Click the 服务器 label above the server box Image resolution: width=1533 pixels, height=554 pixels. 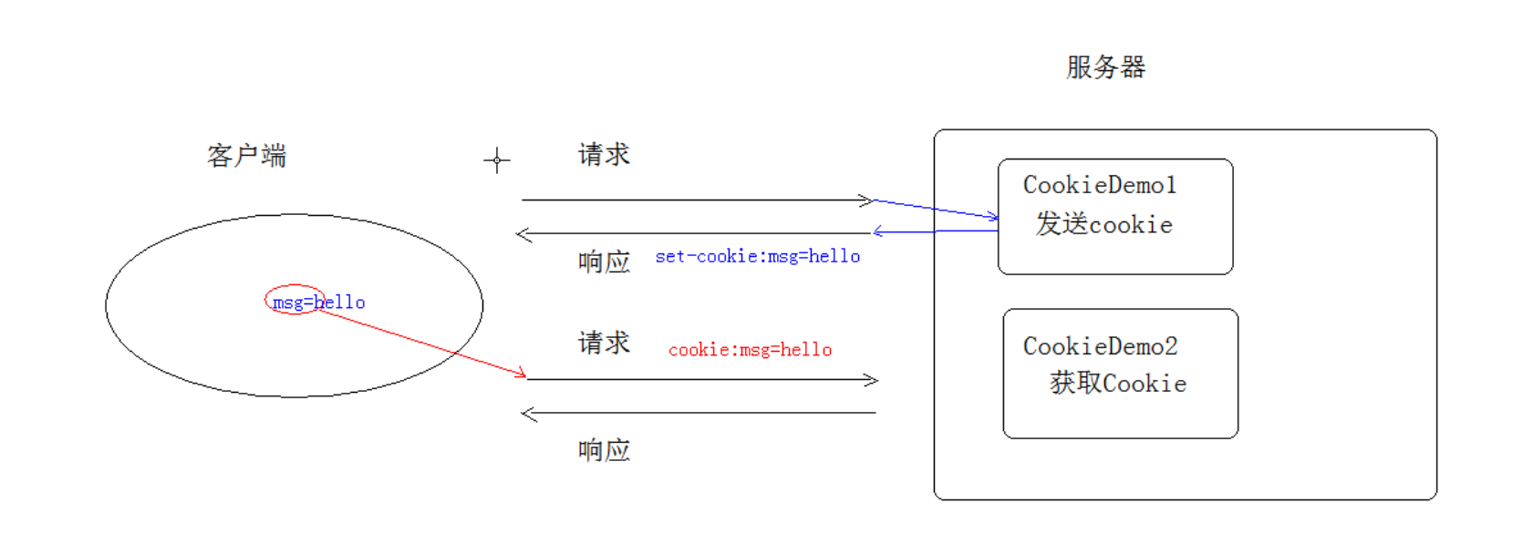pyautogui.click(x=1105, y=67)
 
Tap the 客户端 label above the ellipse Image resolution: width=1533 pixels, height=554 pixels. pyautogui.click(x=246, y=156)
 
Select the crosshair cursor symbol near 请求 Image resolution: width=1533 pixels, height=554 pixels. pyautogui.click(x=497, y=160)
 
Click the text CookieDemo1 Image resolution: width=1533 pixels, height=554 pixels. pyautogui.click(x=1100, y=185)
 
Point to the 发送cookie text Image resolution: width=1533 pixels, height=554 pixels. pyautogui.click(x=1103, y=224)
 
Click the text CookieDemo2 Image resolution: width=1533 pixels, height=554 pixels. pyautogui.click(x=1100, y=346)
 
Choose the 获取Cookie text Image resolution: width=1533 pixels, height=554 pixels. pyautogui.click(x=1117, y=384)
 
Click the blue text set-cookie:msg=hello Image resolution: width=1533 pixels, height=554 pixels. pyautogui.click(x=757, y=257)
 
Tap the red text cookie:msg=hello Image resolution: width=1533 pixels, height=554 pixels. pyautogui.click(x=750, y=350)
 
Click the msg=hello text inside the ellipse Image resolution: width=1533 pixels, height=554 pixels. pyautogui.click(x=319, y=303)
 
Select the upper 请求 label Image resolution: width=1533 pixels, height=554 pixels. pyautogui.click(x=604, y=155)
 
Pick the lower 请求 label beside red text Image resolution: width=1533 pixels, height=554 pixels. pyautogui.click(x=604, y=344)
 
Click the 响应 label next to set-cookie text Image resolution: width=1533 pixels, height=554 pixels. pyautogui.click(x=604, y=262)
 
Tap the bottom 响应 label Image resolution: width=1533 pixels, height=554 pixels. pyautogui.click(x=604, y=450)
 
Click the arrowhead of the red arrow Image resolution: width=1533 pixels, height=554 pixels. pyautogui.click(x=522, y=374)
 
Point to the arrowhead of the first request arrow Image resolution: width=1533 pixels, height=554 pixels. pyautogui.click(x=868, y=200)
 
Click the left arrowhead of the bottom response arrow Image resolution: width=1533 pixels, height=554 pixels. pyautogui.click(x=526, y=415)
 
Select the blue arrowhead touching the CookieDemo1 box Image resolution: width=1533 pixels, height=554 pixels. pyautogui.click(x=993, y=217)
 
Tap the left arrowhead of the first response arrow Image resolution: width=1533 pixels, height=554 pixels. pyautogui.click(x=522, y=235)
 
